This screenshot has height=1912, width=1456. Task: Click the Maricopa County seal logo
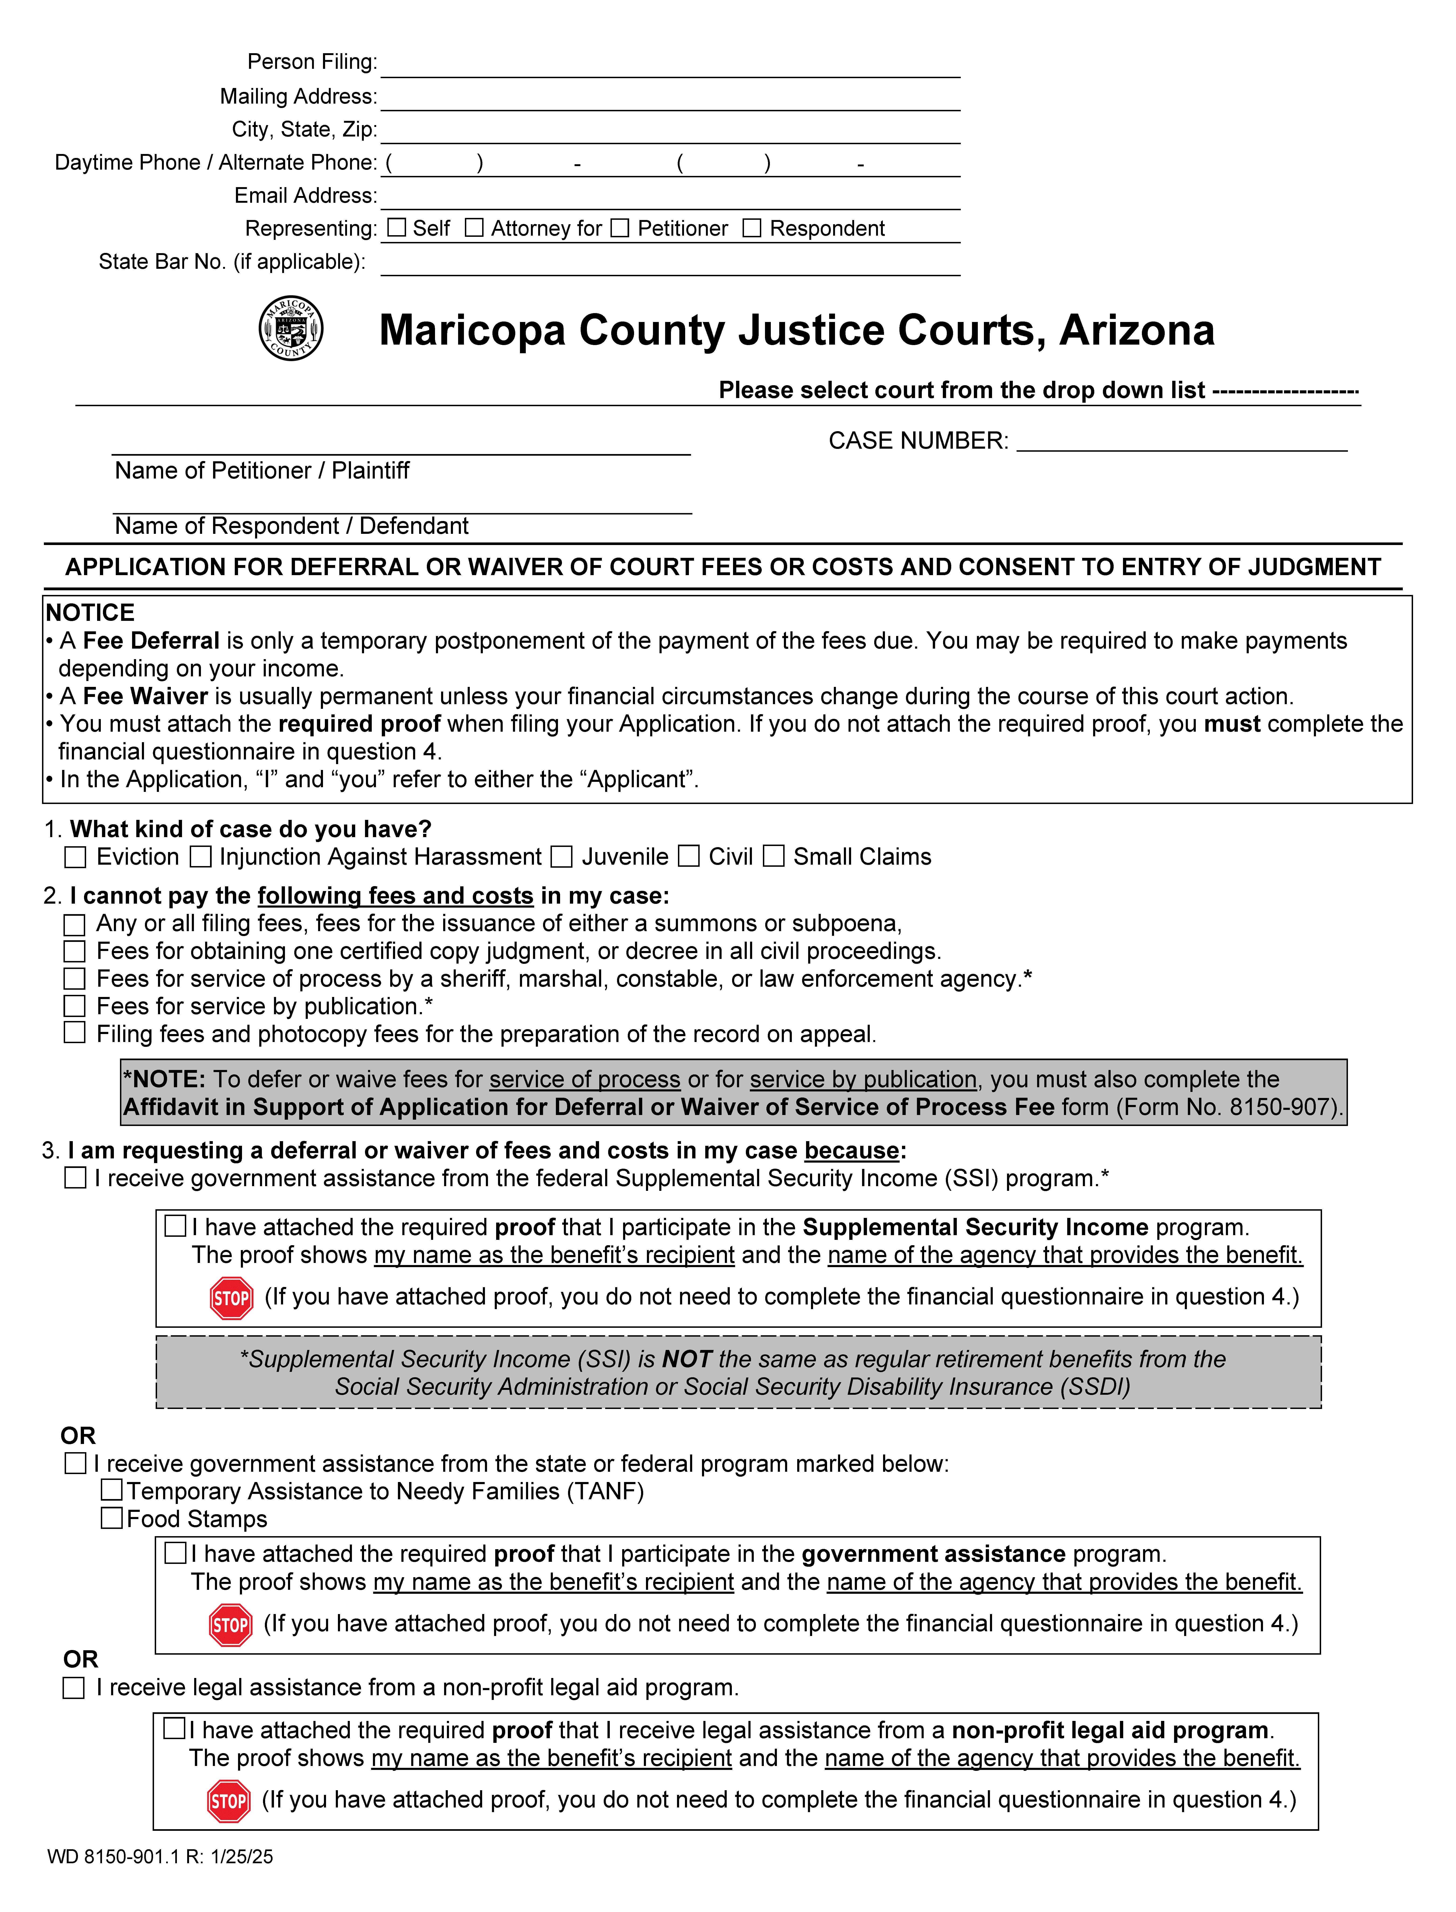point(291,328)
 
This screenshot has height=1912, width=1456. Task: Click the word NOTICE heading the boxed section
point(90,612)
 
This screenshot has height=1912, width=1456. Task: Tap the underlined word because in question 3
point(851,1150)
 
